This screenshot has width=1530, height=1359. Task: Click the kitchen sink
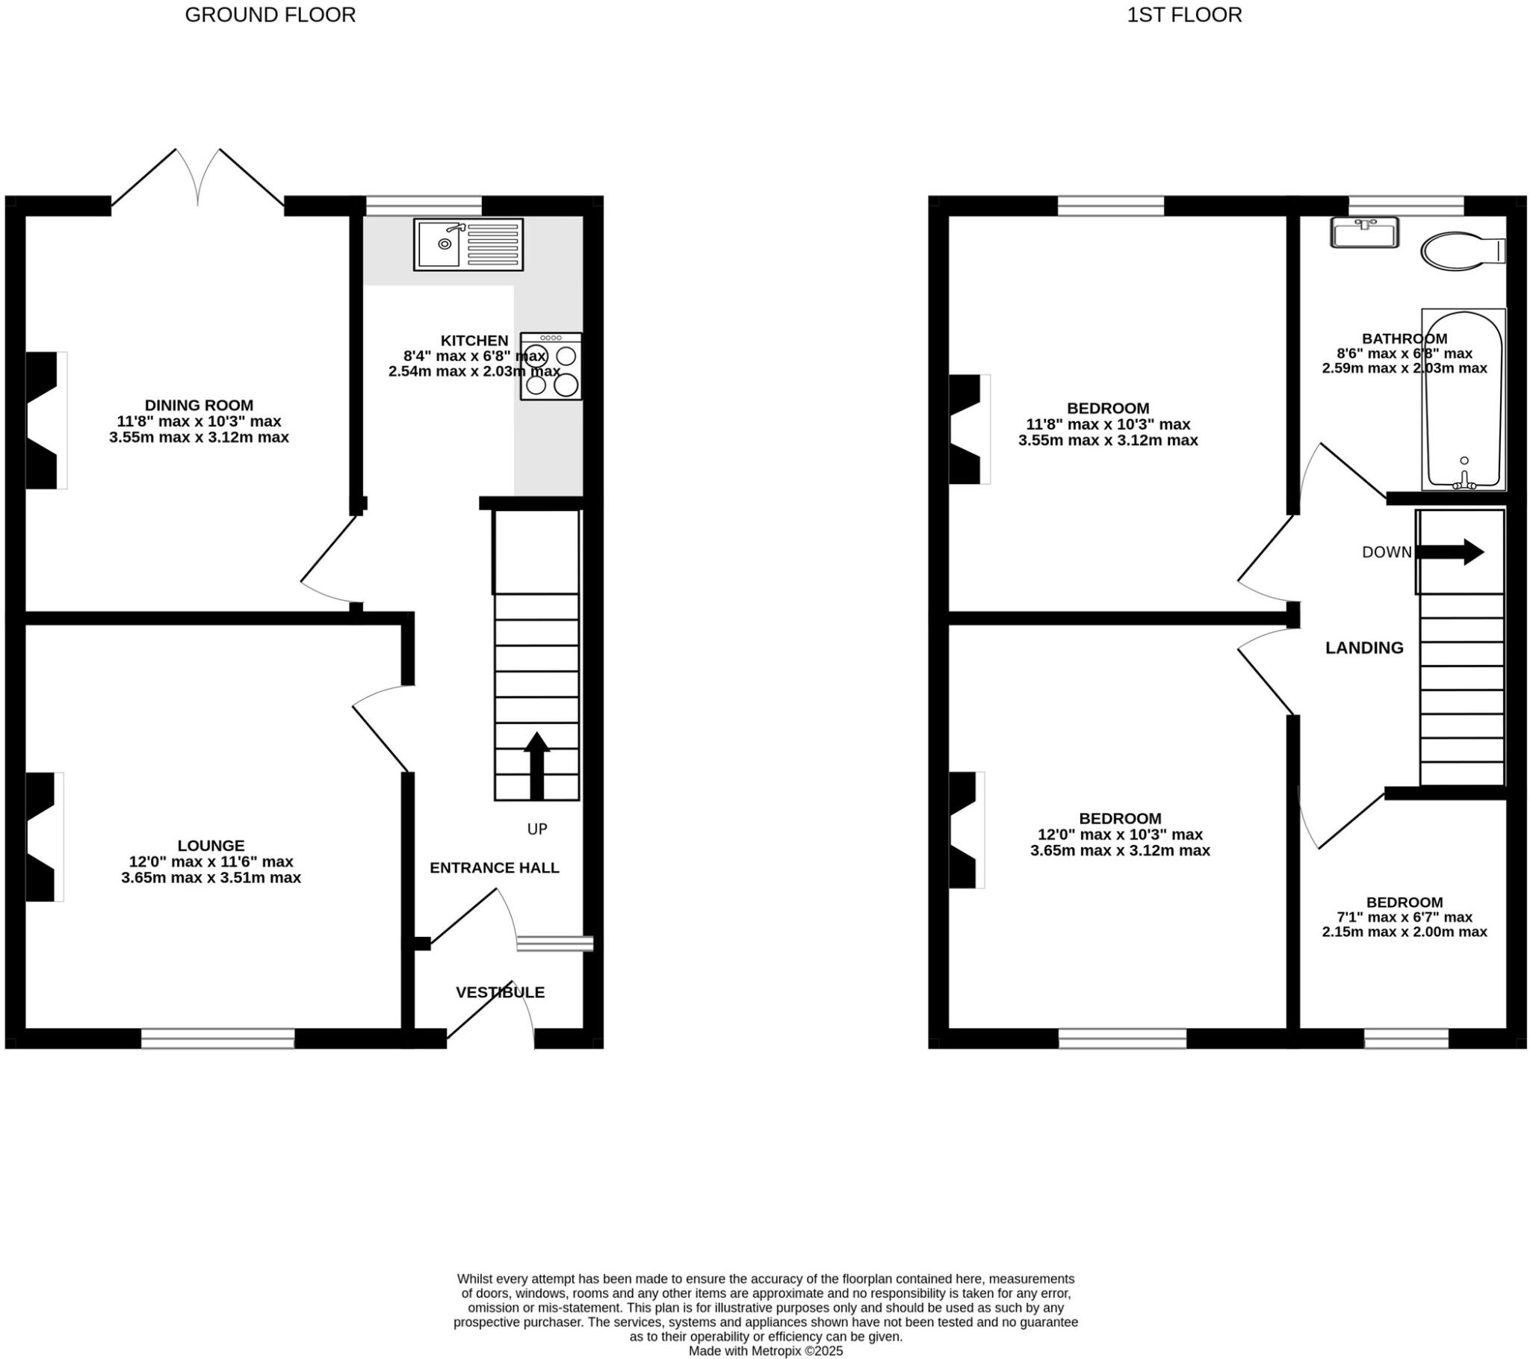pos(468,244)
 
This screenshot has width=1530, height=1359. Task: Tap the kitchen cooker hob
pos(551,366)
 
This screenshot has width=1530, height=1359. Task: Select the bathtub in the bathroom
pos(1463,400)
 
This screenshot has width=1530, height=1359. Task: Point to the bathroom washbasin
pos(1364,232)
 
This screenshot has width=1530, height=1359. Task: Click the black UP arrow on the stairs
pos(536,764)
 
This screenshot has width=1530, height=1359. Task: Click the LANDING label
pos(1364,648)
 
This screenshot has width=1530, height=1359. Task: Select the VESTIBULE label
pos(500,992)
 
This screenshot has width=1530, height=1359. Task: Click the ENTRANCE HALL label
pos(494,868)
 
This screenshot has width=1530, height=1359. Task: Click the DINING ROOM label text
pos(199,405)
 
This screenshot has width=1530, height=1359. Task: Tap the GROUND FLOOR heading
pos(270,15)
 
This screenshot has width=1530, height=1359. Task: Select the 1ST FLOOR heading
pos(1184,15)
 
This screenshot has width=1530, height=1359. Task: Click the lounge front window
pos(218,1038)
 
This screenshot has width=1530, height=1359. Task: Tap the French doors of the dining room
pos(198,180)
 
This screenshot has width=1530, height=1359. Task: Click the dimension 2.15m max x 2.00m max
pos(1404,932)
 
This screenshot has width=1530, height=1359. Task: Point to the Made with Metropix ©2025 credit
pos(765,1351)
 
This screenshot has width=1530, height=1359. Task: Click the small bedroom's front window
pos(1406,1038)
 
